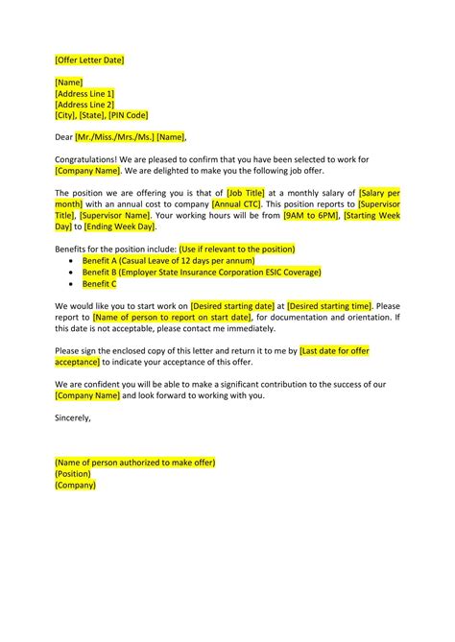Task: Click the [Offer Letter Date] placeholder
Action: [89, 60]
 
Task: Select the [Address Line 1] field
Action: [84, 93]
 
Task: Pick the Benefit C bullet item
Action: [100, 283]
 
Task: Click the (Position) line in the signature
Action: [73, 473]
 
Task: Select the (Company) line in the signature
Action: [76, 485]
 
